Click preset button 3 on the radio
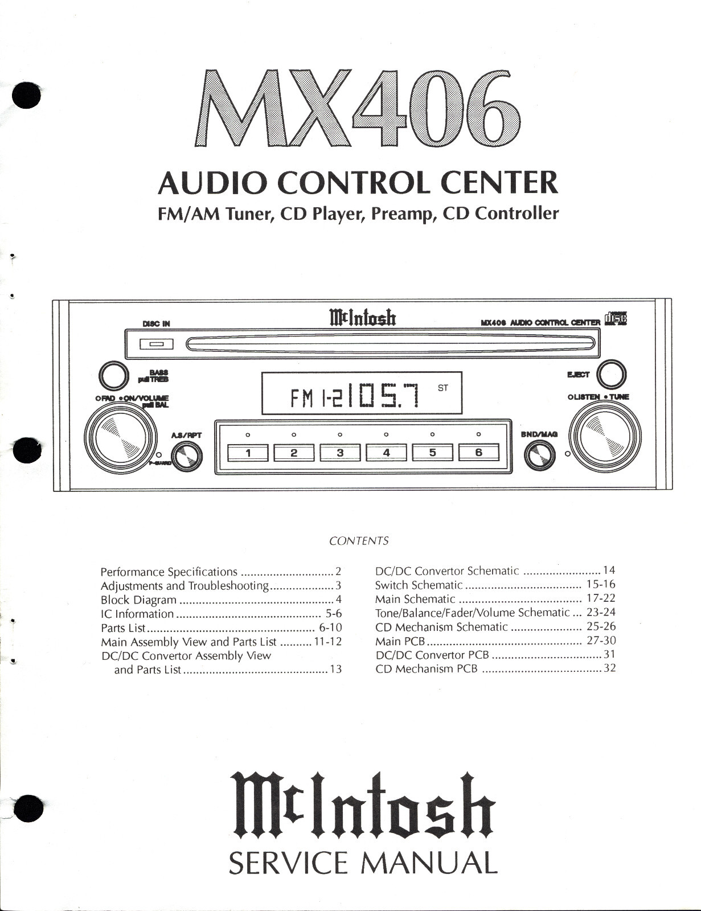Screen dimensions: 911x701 [x=340, y=453]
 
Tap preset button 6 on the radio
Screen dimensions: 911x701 [x=478, y=453]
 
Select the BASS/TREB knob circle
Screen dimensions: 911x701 [x=113, y=375]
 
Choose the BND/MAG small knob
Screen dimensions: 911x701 [x=539, y=455]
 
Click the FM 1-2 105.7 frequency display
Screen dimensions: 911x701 [x=362, y=393]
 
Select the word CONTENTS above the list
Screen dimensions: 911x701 [x=359, y=541]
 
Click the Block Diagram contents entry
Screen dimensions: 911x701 [x=138, y=600]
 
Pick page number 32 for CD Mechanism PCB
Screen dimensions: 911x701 [x=609, y=668]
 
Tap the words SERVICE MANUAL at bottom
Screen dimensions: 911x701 [x=363, y=863]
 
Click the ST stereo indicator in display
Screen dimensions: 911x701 [x=443, y=388]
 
